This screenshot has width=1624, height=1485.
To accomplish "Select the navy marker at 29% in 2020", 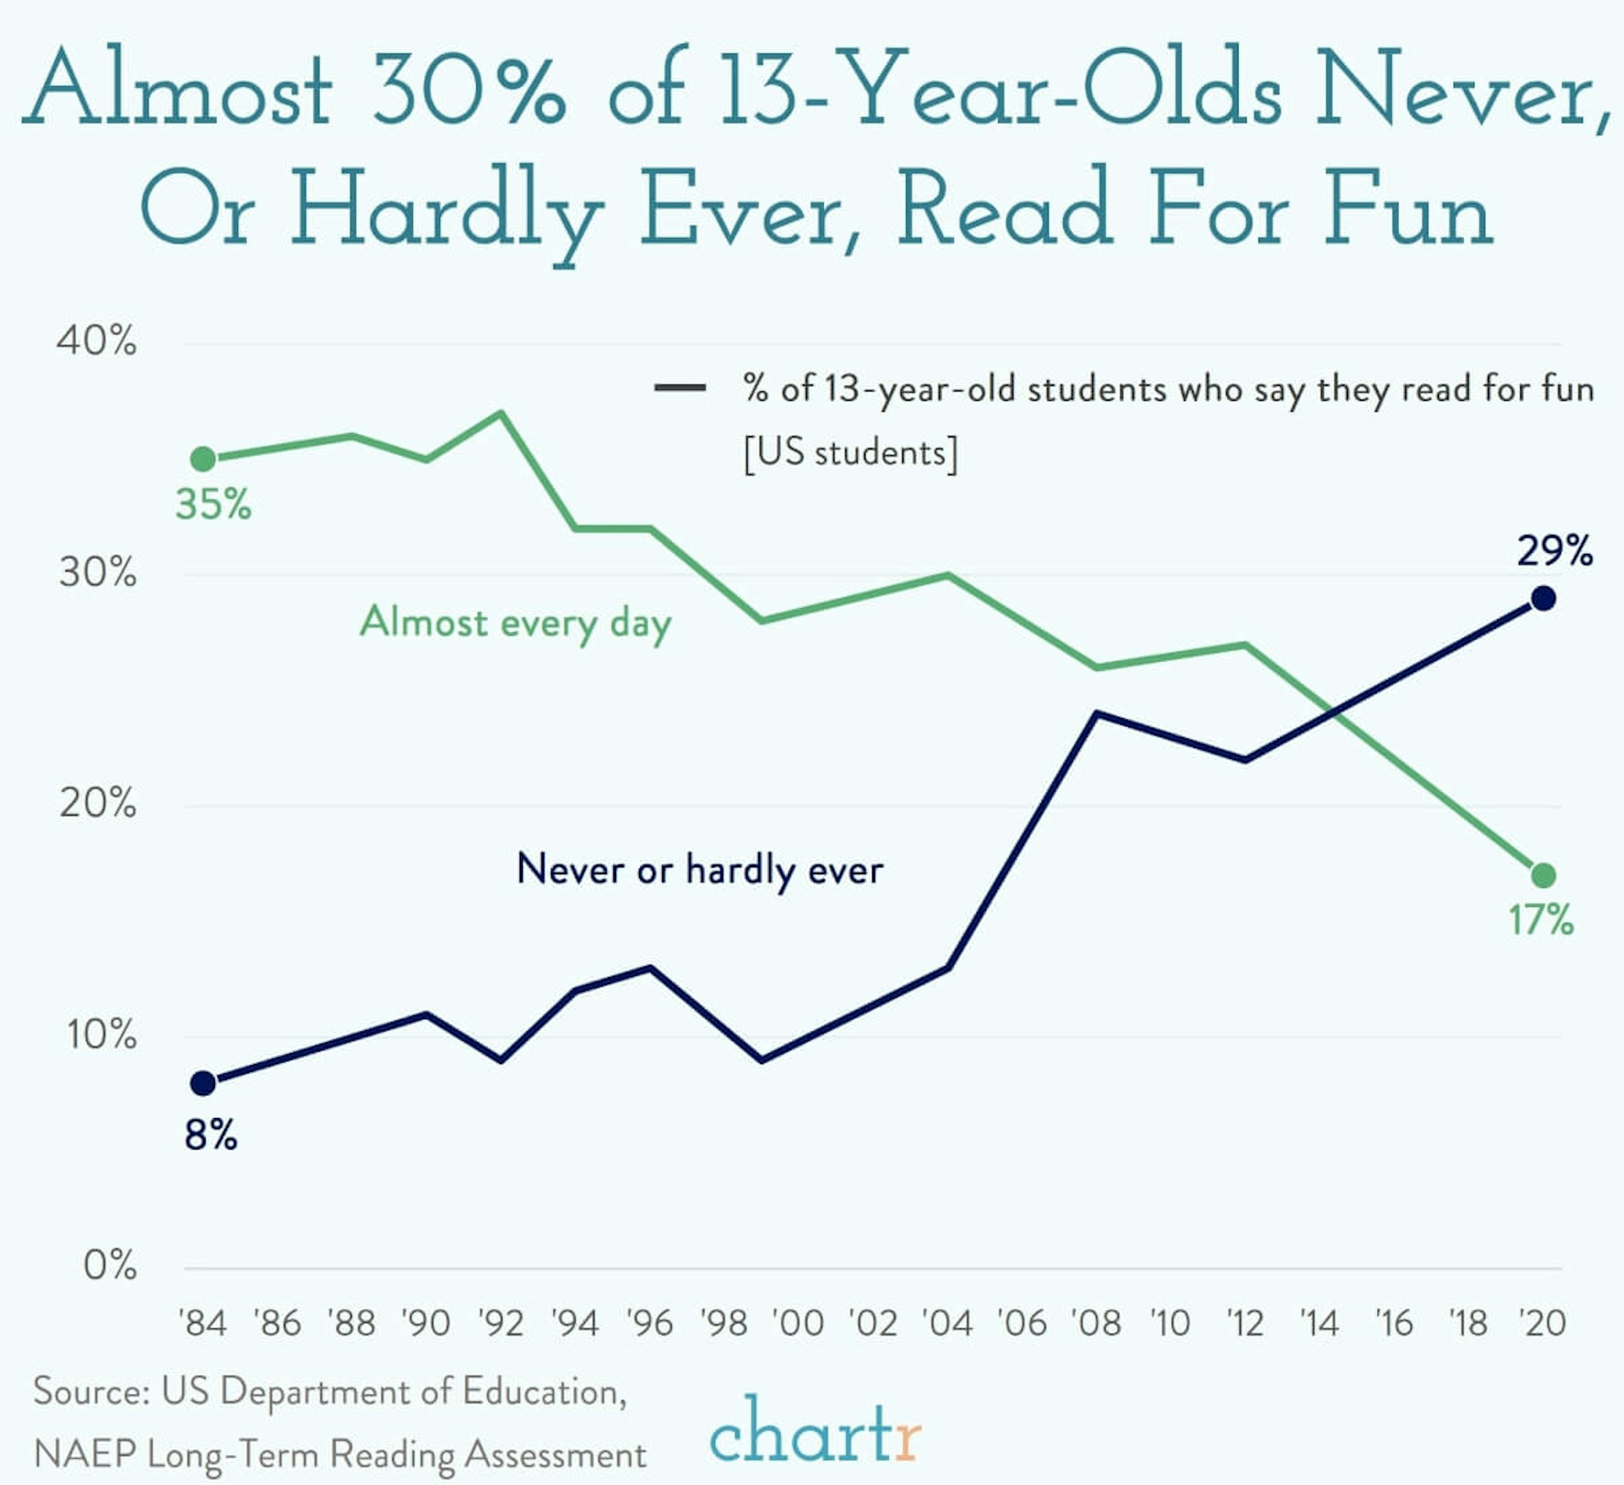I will (x=1543, y=599).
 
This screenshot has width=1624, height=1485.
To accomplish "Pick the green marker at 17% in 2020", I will (x=1543, y=875).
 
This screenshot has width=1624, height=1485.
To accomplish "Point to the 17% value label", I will (x=1540, y=920).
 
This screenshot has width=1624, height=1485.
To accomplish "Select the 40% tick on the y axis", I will (x=97, y=342).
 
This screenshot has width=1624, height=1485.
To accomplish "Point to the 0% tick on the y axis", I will (x=110, y=1266).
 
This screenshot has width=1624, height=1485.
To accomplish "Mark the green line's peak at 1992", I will (x=501, y=413).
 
